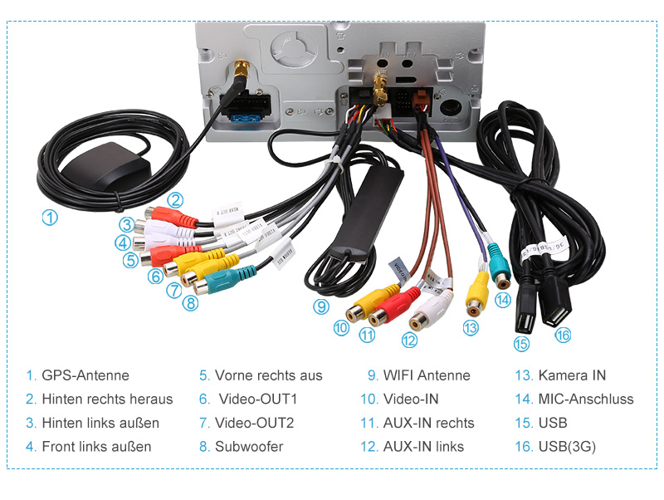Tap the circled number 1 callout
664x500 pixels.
click(x=50, y=218)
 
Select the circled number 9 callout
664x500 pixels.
click(x=321, y=306)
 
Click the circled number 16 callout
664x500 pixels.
click(x=563, y=335)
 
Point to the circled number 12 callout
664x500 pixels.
click(x=409, y=339)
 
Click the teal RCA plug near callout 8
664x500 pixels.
click(x=224, y=280)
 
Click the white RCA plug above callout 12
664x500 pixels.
click(x=432, y=310)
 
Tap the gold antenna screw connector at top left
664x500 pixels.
click(x=242, y=70)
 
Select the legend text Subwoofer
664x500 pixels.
click(x=249, y=446)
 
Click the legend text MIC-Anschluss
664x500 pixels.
click(x=586, y=400)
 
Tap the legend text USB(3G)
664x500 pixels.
click(x=567, y=446)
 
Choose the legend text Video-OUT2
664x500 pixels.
click(x=255, y=423)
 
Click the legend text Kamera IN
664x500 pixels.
click(x=572, y=375)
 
